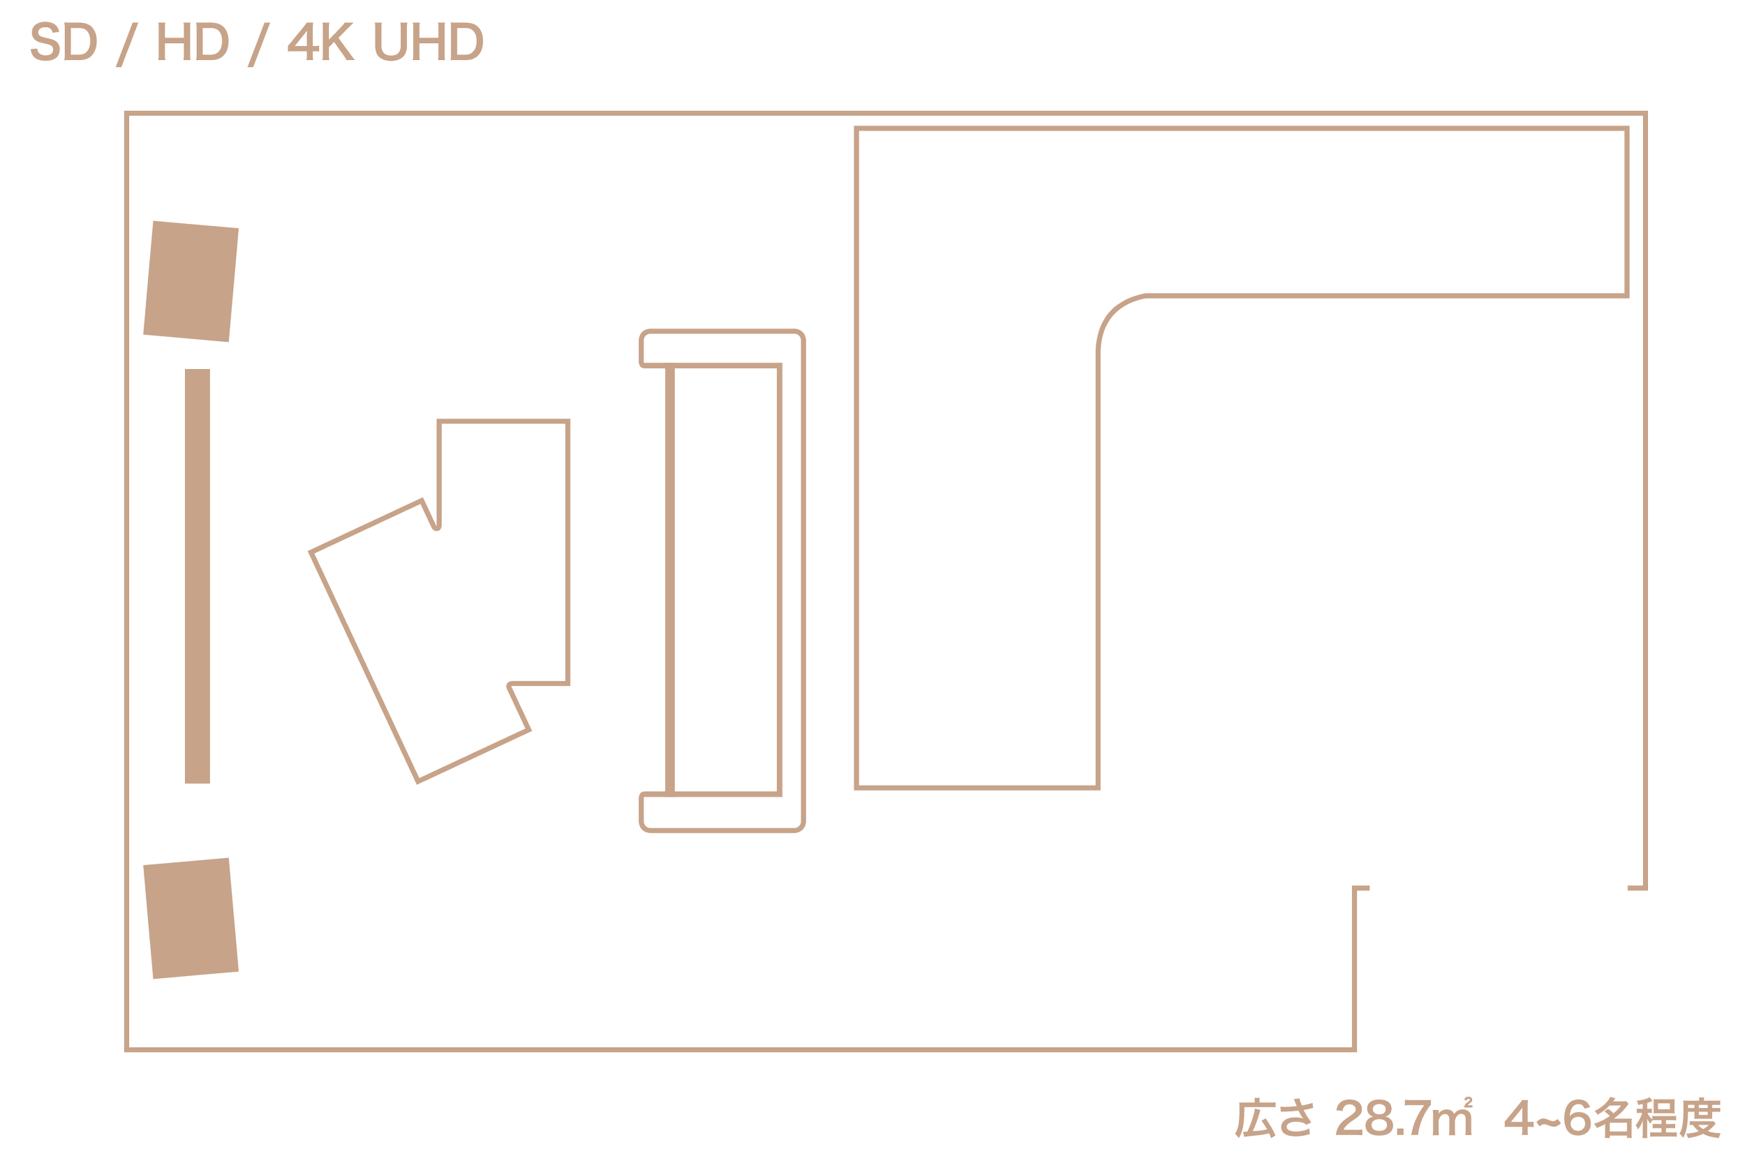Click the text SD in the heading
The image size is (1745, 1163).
click(x=63, y=45)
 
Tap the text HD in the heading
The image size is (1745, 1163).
click(x=192, y=45)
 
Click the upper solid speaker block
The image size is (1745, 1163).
click(x=191, y=281)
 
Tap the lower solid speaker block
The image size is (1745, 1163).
click(x=191, y=918)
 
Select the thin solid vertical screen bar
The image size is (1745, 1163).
click(x=197, y=576)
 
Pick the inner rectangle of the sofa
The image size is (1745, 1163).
click(x=728, y=579)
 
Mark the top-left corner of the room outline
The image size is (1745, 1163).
click(x=127, y=114)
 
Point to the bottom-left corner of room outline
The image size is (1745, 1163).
click(x=127, y=1049)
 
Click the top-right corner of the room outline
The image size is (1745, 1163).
click(x=1645, y=114)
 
